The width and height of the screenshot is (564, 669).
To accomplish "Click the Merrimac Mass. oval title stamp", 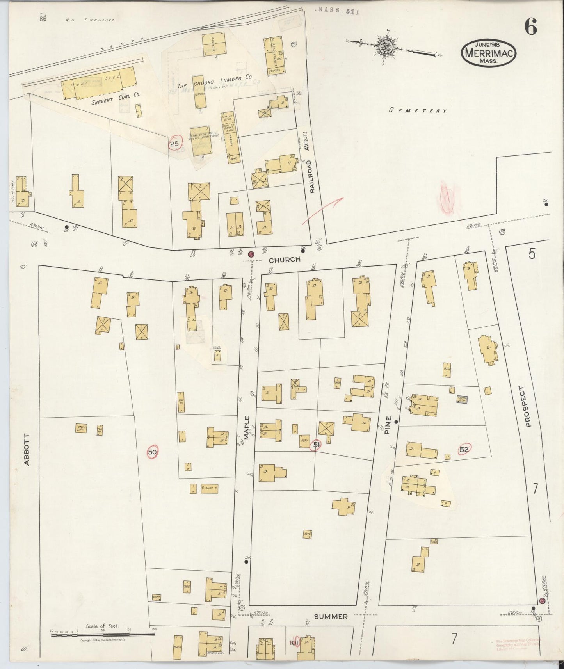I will pos(489,53).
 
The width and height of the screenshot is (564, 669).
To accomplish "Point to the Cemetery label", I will pos(418,111).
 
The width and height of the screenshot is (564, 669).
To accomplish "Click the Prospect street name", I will pos(528,407).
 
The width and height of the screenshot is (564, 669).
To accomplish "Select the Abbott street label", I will pos(27,450).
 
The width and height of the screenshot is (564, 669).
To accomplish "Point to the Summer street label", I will pos(331,616).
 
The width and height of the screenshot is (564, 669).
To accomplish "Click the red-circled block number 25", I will pos(174,144).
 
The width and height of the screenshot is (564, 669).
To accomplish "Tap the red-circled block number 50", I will pos(153,452).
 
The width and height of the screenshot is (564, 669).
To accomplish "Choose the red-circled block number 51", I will pos(317,445).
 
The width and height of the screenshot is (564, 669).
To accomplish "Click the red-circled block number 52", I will pos(464,449).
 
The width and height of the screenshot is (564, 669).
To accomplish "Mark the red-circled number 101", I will pos(294,642).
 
